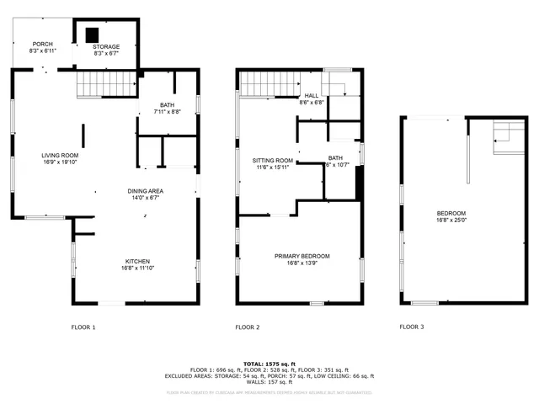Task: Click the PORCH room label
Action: (43, 44)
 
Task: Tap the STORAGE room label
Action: (106, 46)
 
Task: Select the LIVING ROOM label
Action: (61, 156)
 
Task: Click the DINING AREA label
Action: (146, 191)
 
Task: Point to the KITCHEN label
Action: (138, 262)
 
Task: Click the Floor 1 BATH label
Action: (168, 104)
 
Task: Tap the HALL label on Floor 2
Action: (312, 96)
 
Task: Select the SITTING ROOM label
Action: (273, 160)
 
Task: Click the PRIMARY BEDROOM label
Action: (302, 256)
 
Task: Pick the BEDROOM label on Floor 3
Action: (451, 213)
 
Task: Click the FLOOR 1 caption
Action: (83, 327)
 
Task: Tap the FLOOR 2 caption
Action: (248, 327)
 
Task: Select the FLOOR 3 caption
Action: (412, 327)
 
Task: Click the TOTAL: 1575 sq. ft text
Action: (269, 363)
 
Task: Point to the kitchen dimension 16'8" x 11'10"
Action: (138, 269)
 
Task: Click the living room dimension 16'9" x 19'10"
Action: (61, 163)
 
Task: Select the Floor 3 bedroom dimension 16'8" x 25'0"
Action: (451, 221)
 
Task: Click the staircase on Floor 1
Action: (108, 85)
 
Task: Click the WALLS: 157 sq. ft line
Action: (269, 383)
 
